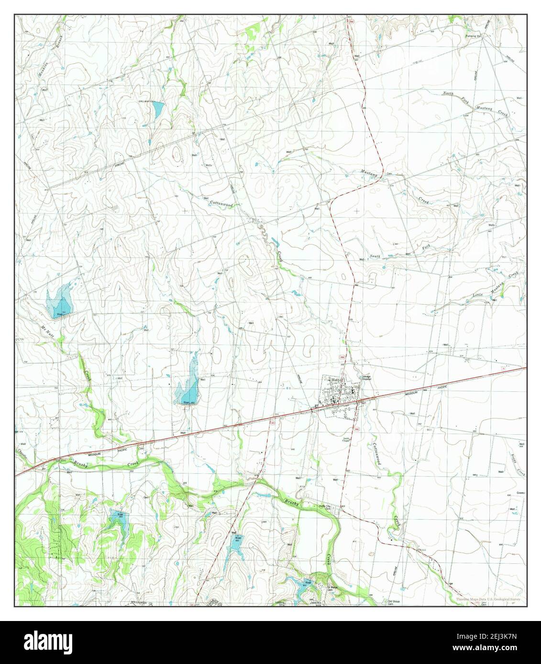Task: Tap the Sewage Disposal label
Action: coord(366,377)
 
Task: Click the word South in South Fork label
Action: coord(375,257)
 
